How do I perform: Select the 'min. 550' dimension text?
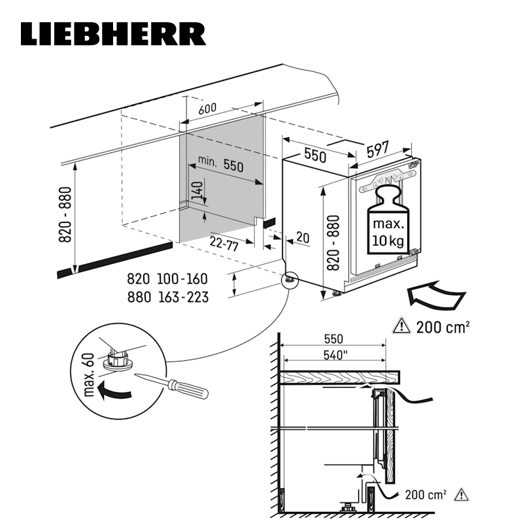tap(219, 165)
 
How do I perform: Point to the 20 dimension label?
tap(301, 238)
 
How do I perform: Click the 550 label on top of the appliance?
tap(314, 156)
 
